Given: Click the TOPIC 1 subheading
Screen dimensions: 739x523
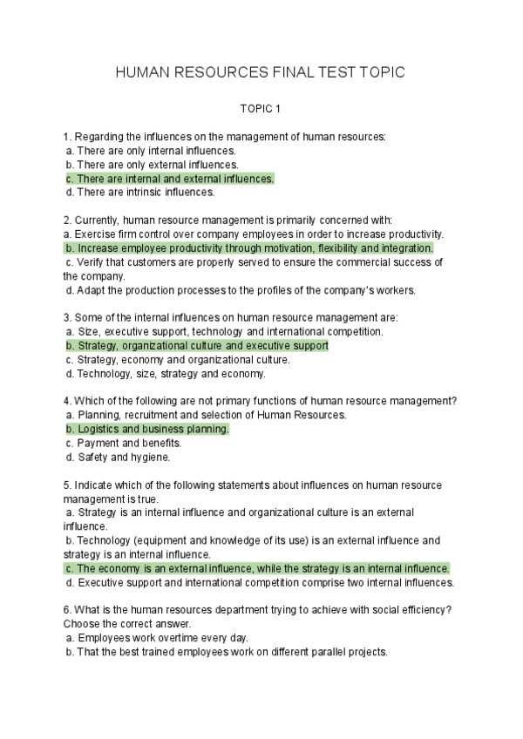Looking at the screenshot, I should point(261,110).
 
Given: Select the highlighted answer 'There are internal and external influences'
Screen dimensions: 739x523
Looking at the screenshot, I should point(169,179).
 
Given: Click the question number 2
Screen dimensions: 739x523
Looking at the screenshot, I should point(67,220).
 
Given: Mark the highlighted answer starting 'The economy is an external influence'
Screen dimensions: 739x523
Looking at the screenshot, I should point(257,568).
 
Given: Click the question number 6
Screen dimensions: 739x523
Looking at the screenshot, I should point(67,610).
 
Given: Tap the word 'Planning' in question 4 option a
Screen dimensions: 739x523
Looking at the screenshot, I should point(98,415).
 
